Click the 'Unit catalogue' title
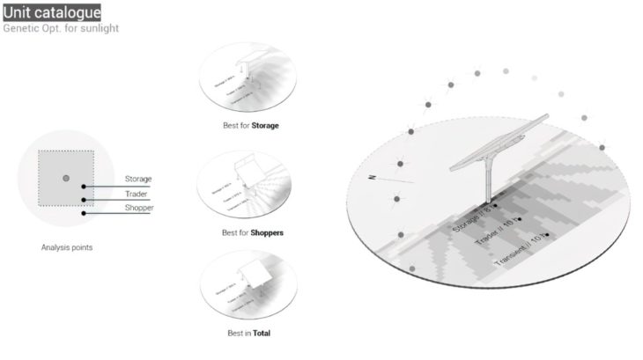(x=51, y=12)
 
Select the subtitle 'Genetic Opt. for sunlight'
(x=61, y=28)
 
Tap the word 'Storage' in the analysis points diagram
(x=138, y=179)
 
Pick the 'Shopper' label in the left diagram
(x=139, y=208)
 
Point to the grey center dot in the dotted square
(x=66, y=179)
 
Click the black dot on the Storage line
(x=84, y=187)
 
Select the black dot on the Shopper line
(x=84, y=213)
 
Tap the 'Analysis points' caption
(x=67, y=247)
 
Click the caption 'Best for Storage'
(x=251, y=126)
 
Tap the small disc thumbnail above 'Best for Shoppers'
(x=252, y=182)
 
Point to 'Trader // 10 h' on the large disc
(x=495, y=231)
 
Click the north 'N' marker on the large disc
(x=373, y=177)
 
